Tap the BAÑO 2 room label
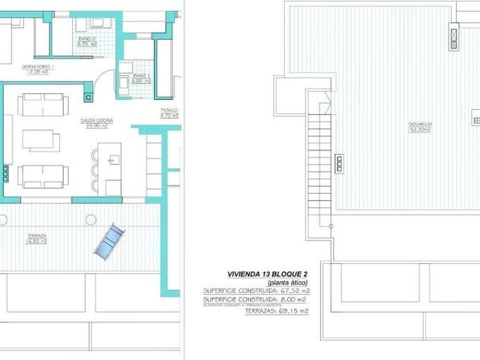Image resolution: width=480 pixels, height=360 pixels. [87, 39]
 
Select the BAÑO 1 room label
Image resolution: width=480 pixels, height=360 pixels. [140, 76]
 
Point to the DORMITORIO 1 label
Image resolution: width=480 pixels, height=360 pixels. [38, 66]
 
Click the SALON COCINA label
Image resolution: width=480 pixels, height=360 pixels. [94, 120]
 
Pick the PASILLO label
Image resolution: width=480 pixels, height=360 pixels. [169, 110]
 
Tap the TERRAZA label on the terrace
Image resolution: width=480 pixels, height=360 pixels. [36, 236]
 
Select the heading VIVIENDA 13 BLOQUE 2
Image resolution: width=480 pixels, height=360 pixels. [269, 274]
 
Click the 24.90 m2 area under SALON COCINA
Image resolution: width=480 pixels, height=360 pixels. [94, 126]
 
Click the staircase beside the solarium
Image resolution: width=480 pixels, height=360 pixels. [317, 156]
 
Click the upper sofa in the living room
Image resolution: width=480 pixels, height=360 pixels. [41, 104]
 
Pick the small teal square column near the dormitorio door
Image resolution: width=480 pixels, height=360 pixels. [87, 96]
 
